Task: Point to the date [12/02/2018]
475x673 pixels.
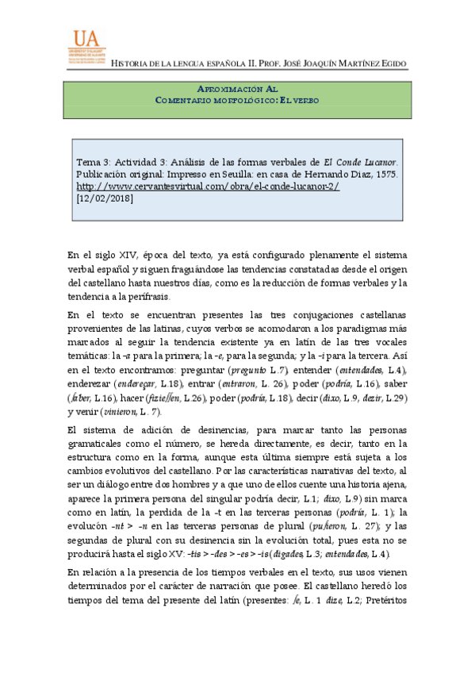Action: coord(105,198)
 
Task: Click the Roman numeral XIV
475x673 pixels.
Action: coord(128,255)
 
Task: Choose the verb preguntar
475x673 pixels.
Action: coord(196,370)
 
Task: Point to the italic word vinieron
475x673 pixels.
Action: coord(126,413)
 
